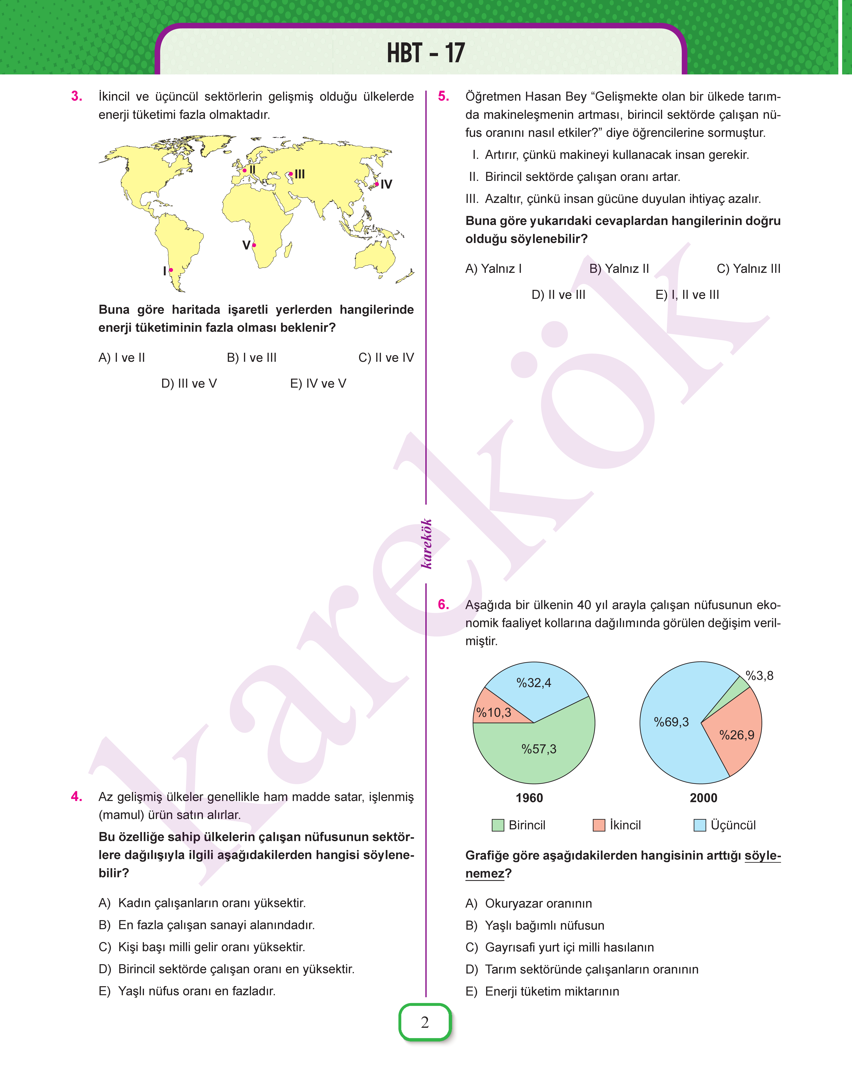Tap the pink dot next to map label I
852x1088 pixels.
click(x=171, y=270)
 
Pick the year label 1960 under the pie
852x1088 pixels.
click(x=529, y=798)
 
